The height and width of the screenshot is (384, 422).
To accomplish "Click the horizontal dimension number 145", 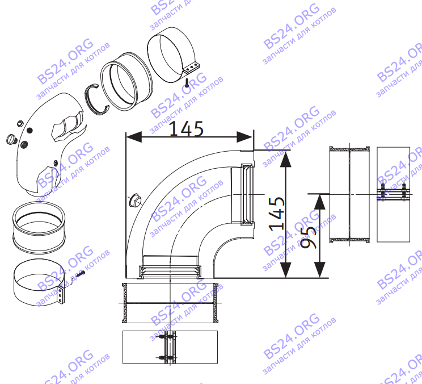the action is [186, 128].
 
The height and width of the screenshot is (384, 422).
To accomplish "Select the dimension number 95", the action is [307, 238].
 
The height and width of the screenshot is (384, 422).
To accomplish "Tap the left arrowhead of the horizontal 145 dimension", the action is [134, 137].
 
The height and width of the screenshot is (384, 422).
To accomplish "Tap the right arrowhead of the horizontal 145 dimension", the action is [244, 137].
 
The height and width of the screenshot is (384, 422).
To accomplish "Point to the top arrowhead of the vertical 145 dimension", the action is [286, 158].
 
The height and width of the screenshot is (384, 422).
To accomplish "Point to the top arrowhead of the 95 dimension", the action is [319, 202].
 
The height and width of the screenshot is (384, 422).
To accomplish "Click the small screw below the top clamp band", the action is [187, 83].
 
